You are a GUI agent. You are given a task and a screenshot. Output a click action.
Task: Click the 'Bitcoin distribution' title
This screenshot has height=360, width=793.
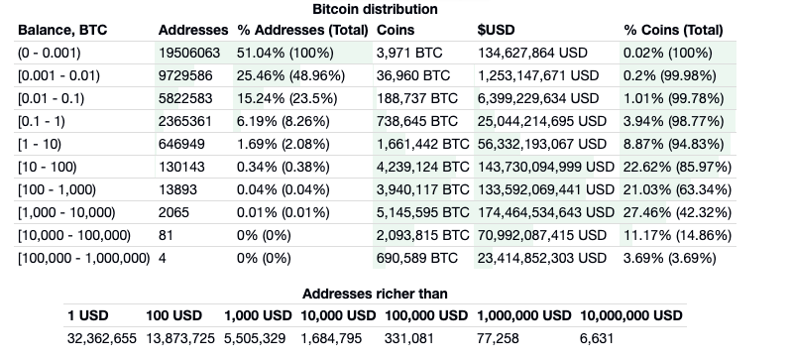pyautogui.click(x=375, y=9)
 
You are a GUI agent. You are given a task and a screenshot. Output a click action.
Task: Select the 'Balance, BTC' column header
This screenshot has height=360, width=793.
pyautogui.click(x=62, y=30)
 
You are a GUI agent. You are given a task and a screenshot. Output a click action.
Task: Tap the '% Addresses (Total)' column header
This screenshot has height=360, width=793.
pyautogui.click(x=302, y=30)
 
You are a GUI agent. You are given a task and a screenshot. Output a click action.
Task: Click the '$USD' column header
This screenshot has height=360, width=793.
pyautogui.click(x=496, y=30)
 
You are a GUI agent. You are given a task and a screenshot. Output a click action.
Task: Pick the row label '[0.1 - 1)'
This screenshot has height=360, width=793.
pyautogui.click(x=42, y=121)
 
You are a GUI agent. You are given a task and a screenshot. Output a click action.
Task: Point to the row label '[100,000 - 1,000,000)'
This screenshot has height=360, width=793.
pyautogui.click(x=84, y=258)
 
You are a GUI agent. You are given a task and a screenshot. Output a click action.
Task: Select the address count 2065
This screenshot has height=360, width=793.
pyautogui.click(x=173, y=212)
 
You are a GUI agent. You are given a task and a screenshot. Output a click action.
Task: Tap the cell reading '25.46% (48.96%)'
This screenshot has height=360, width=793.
pyautogui.click(x=290, y=75)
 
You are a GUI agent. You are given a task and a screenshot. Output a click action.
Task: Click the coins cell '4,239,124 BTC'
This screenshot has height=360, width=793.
pyautogui.click(x=423, y=167)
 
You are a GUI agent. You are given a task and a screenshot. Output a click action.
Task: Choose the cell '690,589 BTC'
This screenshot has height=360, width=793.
pyautogui.click(x=417, y=258)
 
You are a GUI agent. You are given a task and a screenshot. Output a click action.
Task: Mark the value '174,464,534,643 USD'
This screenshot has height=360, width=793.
pyautogui.click(x=546, y=212)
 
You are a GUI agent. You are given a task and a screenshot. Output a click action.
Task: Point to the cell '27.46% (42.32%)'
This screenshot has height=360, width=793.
pyautogui.click(x=677, y=212)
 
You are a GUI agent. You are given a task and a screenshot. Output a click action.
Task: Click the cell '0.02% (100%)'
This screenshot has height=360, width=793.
pyautogui.click(x=667, y=53)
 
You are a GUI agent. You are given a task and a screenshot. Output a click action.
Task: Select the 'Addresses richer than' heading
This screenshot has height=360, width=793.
pyautogui.click(x=375, y=294)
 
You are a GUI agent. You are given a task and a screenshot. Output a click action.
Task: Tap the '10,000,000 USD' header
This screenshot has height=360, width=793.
pyautogui.click(x=631, y=315)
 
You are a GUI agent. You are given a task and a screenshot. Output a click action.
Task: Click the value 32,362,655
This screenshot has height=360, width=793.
pyautogui.click(x=102, y=338)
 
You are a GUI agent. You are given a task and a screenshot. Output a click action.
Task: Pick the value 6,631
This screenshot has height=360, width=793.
pyautogui.click(x=597, y=338)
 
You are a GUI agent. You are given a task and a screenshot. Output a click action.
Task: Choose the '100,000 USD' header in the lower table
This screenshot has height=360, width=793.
pyautogui.click(x=426, y=315)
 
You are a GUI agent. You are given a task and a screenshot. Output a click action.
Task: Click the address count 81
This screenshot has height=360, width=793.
pyautogui.click(x=166, y=235)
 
